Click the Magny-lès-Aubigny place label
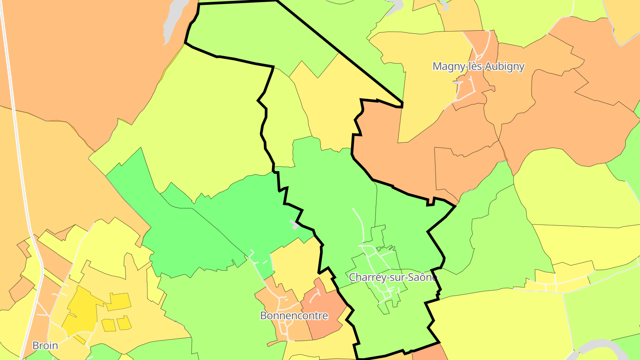tap(478, 67)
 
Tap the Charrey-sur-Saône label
tap(393, 277)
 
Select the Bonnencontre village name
tap(294, 316)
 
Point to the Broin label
tap(45, 345)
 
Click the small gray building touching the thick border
tap(295, 225)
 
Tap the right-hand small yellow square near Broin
tap(124, 323)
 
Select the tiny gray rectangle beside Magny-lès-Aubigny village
tap(458, 82)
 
